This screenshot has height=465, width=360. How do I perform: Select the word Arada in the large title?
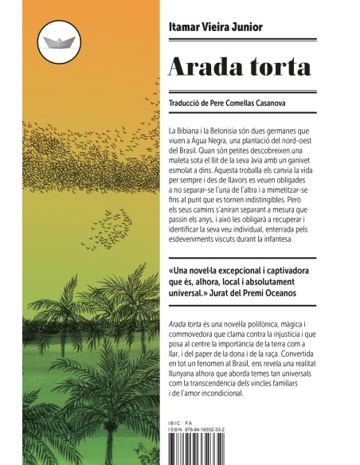tap(195, 68)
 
